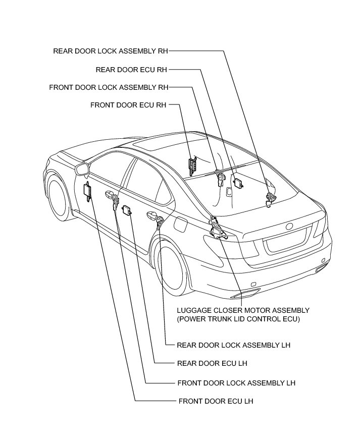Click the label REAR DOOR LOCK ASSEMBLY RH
111,51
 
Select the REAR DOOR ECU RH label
131,69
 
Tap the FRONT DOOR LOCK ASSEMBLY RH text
109,87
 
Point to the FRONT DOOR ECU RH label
128,105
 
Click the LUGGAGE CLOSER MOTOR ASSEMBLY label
243,310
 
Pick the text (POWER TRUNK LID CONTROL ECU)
238,319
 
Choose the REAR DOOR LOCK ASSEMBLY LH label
233,346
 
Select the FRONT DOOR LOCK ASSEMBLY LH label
236,383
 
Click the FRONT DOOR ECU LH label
216,401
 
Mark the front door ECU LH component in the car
87,191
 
